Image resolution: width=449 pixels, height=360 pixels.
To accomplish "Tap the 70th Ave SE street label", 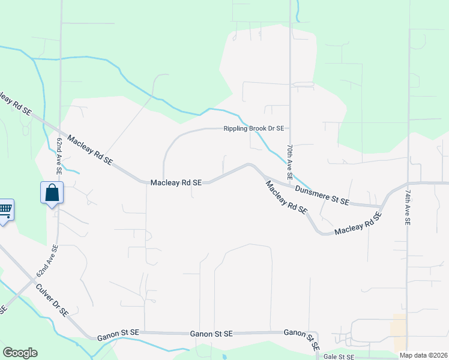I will [x=289, y=163].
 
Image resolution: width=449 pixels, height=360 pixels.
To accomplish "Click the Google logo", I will [x=20, y=353].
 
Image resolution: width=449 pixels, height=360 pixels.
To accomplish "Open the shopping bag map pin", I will [x=52, y=193].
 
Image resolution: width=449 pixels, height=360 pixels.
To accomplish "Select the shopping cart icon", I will [x=5, y=210].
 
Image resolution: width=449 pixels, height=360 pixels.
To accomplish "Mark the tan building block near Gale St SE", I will [x=397, y=326].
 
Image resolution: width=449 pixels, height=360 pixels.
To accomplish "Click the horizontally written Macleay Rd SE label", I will [x=179, y=182].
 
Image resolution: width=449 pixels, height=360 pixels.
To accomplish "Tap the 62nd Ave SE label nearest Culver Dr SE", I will [x=47, y=260].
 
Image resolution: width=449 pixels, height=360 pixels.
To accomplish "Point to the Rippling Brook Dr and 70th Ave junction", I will [x=290, y=128].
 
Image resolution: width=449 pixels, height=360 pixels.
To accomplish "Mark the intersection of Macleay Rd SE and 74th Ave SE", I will [x=408, y=184].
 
